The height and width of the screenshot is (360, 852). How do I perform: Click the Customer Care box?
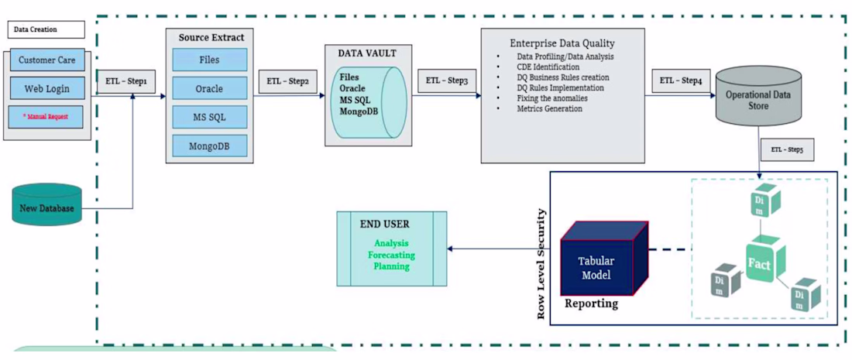tap(47, 60)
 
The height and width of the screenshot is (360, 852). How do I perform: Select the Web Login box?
tap(47, 88)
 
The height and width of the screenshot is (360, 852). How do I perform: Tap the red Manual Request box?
tap(47, 117)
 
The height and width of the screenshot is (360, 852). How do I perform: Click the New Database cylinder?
tap(47, 207)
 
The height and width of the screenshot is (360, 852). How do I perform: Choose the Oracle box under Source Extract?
tap(209, 88)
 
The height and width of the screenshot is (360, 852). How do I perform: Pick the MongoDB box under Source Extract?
tap(209, 145)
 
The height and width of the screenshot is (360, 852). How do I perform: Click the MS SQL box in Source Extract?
tap(209, 117)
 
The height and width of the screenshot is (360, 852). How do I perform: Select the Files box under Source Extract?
tap(209, 60)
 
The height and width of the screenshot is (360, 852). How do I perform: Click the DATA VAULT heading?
tap(368, 53)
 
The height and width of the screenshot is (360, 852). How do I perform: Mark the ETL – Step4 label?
tap(681, 81)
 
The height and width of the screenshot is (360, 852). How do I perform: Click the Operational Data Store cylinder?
tap(758, 101)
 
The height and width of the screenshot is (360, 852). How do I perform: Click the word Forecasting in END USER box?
tap(391, 255)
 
